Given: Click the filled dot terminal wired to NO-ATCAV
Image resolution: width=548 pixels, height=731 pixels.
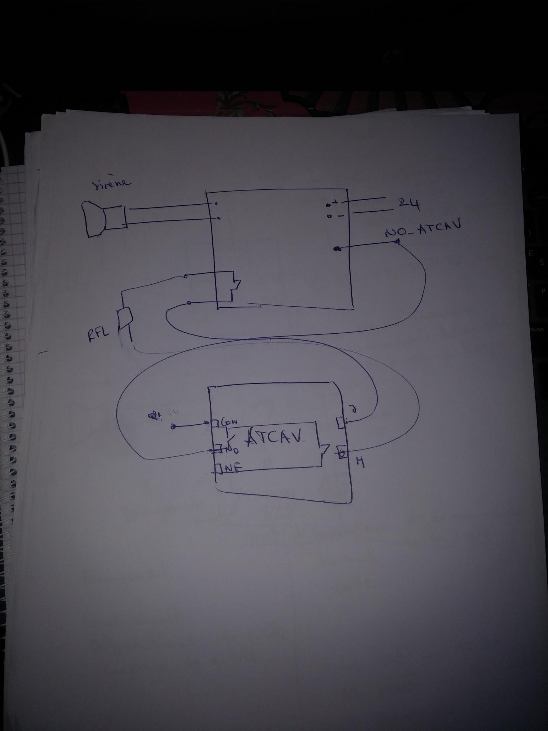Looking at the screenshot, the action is point(337,249).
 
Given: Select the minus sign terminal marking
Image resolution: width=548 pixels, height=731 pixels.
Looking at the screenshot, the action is point(340,216).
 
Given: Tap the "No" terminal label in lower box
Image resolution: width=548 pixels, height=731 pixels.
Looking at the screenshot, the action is point(232,449).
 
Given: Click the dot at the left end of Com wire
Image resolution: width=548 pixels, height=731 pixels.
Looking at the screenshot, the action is point(174,426).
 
